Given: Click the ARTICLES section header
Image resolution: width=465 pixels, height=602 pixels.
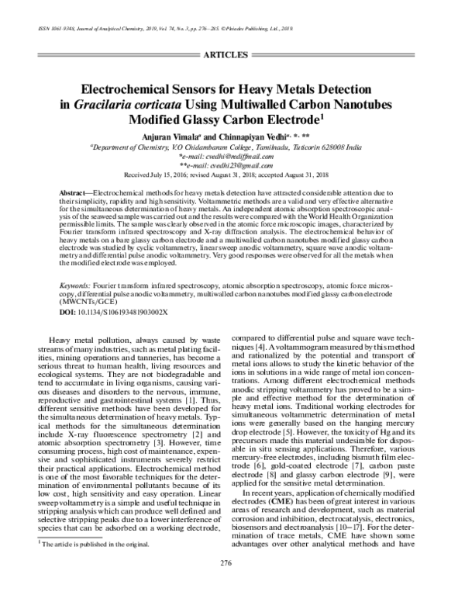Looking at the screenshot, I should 232,56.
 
